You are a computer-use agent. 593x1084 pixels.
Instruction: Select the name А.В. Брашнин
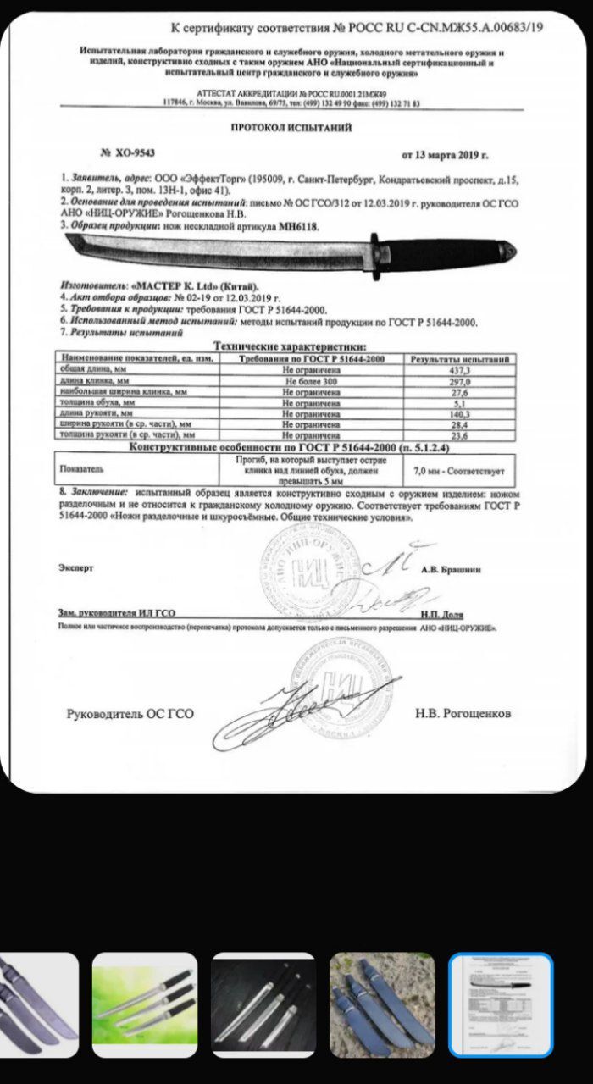(451, 570)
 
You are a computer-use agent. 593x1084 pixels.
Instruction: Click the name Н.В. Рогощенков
(463, 713)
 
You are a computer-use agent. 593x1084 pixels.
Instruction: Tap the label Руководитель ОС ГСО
(130, 714)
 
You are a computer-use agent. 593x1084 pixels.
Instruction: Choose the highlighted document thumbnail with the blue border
(500, 1004)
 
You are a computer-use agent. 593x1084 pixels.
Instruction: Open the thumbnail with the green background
(144, 1004)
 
